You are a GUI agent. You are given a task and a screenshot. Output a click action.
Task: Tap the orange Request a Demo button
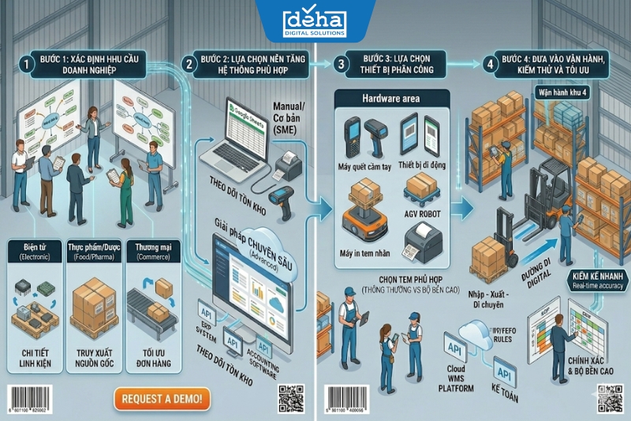[162, 398]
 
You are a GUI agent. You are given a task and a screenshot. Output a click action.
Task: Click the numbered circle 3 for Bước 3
[341, 64]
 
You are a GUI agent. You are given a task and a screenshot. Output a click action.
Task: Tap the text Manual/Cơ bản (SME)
[289, 118]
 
